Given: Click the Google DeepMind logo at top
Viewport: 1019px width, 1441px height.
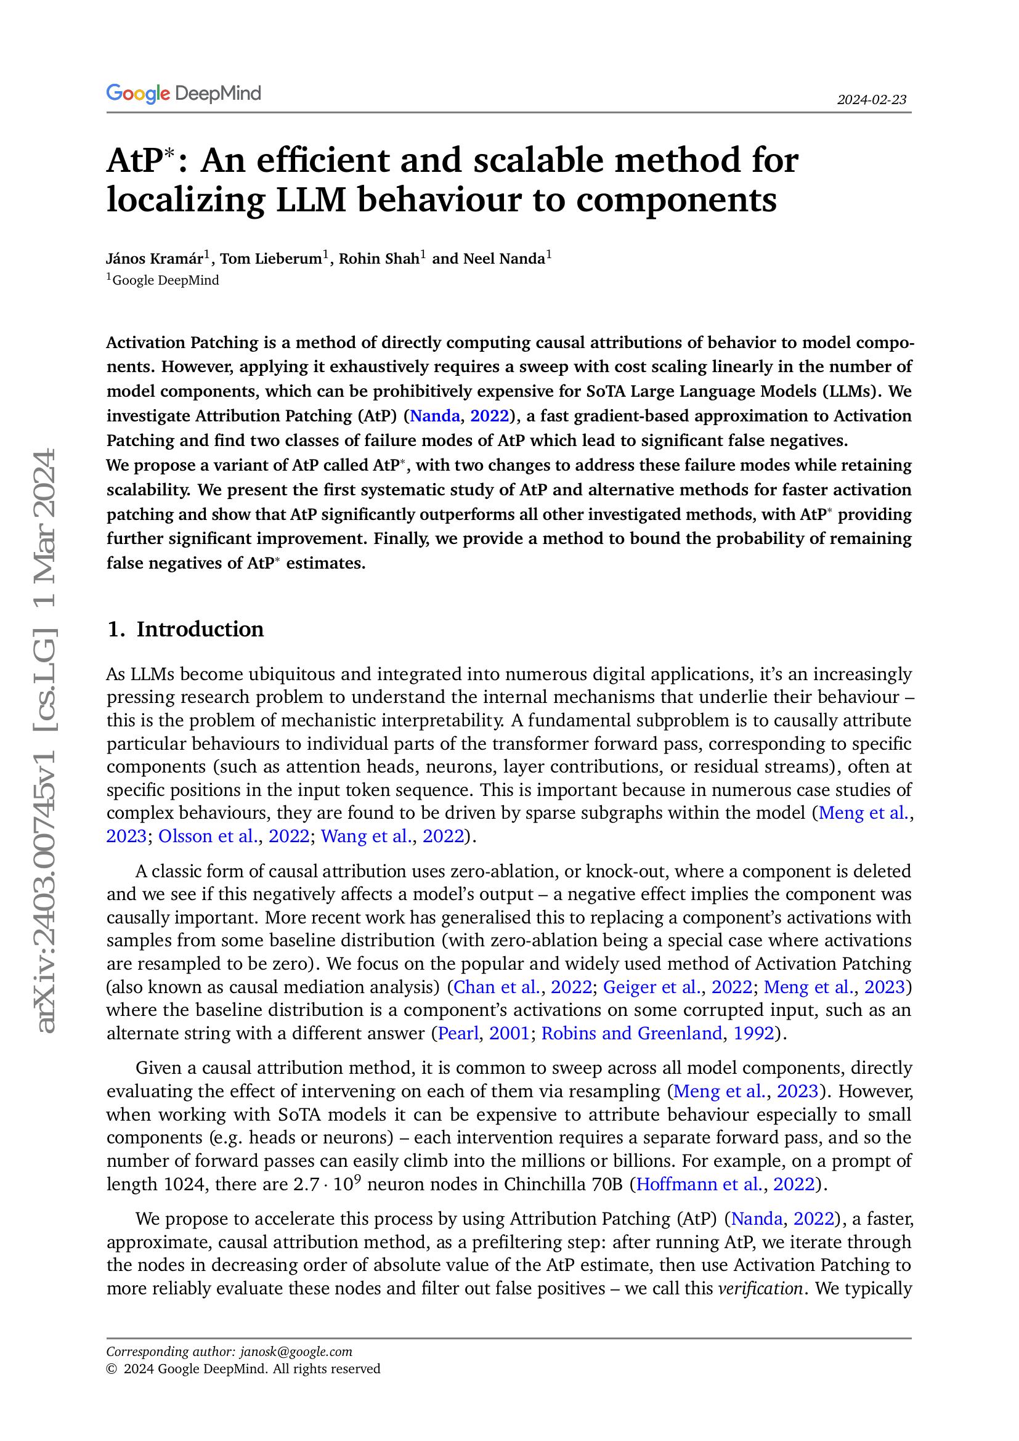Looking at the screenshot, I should click(x=183, y=94).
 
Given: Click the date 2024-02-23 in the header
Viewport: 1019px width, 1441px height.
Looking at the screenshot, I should click(x=872, y=100).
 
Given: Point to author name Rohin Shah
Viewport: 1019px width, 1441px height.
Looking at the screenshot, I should click(x=379, y=259).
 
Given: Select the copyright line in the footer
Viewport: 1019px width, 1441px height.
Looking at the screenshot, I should click(x=243, y=1368).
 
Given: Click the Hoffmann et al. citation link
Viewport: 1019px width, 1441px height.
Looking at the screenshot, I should click(x=698, y=1184).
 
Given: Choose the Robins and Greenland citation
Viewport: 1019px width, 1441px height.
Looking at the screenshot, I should click(x=631, y=1033).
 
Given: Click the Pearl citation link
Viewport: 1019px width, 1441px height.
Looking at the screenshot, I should click(x=458, y=1033).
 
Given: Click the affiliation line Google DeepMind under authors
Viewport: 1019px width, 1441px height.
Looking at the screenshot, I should click(x=165, y=280).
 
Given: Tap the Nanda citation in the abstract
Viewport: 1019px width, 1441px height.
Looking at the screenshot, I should click(x=435, y=416).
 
